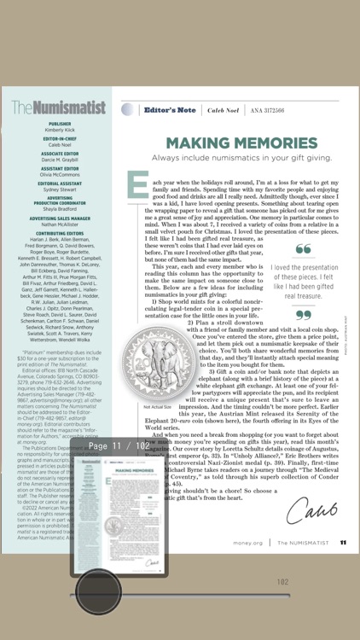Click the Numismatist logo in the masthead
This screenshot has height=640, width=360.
(x=59, y=108)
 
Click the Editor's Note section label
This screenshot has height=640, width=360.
(x=170, y=110)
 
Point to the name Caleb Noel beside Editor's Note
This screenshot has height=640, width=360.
(x=223, y=110)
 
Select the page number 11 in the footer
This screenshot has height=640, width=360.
(x=342, y=542)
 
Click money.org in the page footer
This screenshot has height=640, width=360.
(x=247, y=542)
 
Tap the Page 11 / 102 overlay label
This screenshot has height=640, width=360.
(x=119, y=446)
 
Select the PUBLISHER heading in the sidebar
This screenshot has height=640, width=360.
(x=60, y=124)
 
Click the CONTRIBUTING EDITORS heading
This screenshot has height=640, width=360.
(x=60, y=232)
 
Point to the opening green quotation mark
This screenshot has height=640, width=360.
(x=303, y=249)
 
